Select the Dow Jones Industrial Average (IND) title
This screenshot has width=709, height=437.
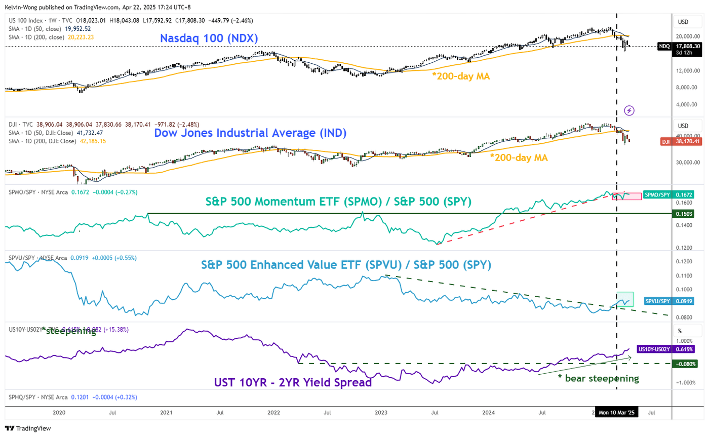pyautogui.click(x=251, y=134)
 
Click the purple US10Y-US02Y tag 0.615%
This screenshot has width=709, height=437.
pyautogui.click(x=676, y=349)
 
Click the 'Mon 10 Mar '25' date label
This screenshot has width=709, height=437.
pyautogui.click(x=617, y=413)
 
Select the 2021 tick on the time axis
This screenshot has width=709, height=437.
pyautogui.click(x=166, y=413)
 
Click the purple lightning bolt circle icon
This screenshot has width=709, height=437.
pyautogui.click(x=629, y=110)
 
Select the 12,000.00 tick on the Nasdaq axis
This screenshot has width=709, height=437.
pyautogui.click(x=686, y=70)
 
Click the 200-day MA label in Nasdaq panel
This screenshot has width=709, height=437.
pyautogui.click(x=461, y=76)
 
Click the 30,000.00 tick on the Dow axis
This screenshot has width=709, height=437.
pyautogui.click(x=686, y=162)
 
